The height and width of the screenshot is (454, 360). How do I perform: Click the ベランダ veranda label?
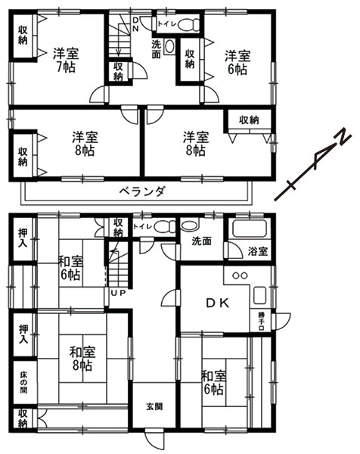(x=143, y=191)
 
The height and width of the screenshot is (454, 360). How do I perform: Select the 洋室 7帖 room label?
(x=66, y=61)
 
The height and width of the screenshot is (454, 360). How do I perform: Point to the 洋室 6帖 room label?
(x=237, y=63)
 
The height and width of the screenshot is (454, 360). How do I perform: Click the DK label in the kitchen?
(x=218, y=303)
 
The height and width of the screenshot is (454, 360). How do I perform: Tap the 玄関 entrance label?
(x=154, y=406)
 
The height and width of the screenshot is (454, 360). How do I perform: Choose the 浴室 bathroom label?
(x=258, y=251)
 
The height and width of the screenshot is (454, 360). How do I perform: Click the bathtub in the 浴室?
(x=250, y=229)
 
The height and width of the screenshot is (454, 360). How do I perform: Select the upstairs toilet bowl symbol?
(x=189, y=25)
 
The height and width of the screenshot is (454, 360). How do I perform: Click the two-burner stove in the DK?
(x=240, y=275)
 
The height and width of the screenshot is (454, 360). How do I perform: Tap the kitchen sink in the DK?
(x=259, y=295)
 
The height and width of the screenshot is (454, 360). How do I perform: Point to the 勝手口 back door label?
(x=261, y=320)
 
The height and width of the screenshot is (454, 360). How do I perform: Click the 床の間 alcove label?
(x=23, y=382)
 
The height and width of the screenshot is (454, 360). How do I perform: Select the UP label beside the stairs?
(x=118, y=293)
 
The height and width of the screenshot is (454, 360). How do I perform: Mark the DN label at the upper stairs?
(x=135, y=24)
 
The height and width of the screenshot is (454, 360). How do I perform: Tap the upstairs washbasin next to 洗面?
(x=169, y=46)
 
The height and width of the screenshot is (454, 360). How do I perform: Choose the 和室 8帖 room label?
(x=82, y=359)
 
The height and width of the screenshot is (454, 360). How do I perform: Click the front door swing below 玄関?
(x=154, y=440)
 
